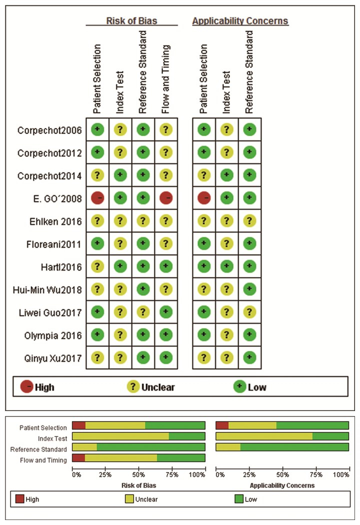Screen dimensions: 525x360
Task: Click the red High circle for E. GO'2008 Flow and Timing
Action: point(166,198)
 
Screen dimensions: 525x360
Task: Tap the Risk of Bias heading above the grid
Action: point(131,20)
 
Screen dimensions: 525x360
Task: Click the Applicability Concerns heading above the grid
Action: point(240,21)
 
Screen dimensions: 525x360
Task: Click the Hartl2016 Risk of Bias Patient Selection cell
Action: point(97,266)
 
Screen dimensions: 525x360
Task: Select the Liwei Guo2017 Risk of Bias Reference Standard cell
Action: point(143,312)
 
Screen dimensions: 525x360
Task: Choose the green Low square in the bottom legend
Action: point(238,498)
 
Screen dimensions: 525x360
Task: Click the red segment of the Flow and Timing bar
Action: point(78,457)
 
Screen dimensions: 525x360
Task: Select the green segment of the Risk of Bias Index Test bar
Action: point(187,436)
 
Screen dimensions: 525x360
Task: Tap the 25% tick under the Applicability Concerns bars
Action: point(249,474)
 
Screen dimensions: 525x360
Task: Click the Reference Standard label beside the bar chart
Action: point(39,449)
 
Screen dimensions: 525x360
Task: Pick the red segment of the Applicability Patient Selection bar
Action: point(222,425)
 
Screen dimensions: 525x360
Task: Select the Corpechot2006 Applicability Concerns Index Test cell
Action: point(227,129)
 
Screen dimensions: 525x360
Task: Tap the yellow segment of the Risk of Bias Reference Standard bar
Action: point(84,447)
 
